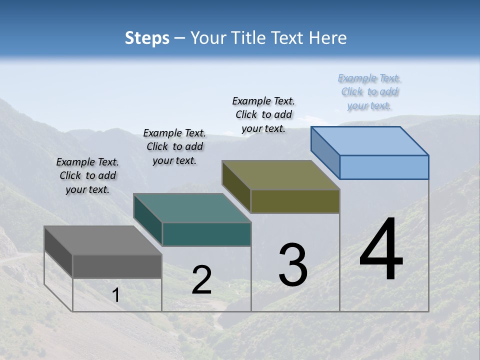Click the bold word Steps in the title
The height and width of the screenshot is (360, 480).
146,38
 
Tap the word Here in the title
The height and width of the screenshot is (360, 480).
328,38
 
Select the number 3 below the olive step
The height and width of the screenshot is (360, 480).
293,265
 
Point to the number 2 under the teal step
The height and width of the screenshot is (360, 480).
201,280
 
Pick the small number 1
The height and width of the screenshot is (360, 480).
116,295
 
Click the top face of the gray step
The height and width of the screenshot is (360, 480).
102,240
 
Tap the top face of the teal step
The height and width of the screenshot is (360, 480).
192,208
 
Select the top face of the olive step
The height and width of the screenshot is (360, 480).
280,175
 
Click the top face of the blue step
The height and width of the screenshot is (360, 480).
369,141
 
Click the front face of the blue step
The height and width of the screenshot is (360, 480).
384,167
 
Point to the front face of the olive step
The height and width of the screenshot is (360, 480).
295,201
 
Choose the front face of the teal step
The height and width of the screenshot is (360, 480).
206,234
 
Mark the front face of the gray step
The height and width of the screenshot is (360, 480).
117,266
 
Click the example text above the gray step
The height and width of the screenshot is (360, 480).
87,175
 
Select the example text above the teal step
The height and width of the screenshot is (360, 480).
174,146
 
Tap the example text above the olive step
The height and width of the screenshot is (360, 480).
263,114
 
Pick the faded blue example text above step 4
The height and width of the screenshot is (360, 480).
369,91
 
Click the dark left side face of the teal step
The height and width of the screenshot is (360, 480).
148,220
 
